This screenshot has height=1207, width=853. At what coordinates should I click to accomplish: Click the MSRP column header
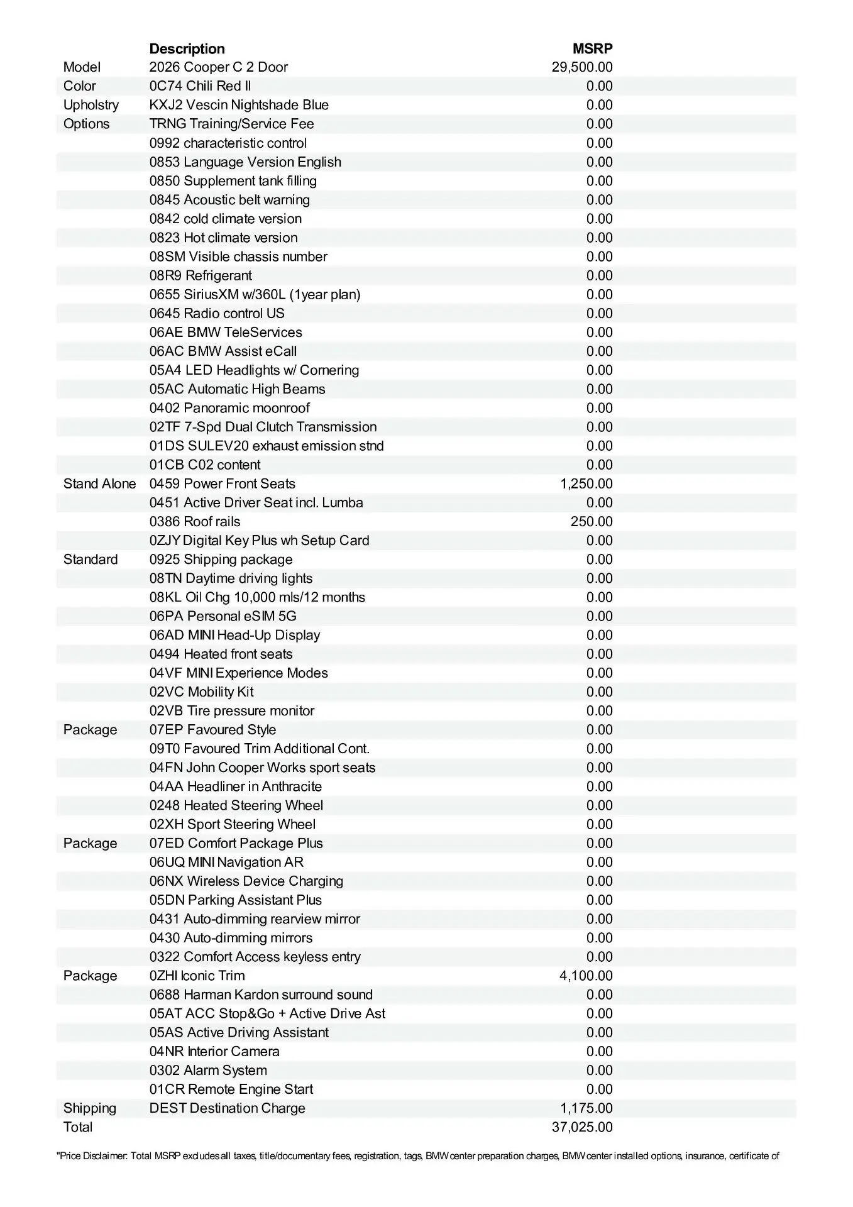tap(592, 48)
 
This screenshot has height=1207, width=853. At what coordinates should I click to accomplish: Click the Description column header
tap(187, 48)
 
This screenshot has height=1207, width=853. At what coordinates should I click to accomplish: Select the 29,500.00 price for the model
tap(582, 67)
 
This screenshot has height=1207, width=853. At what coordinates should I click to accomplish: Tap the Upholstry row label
tap(91, 105)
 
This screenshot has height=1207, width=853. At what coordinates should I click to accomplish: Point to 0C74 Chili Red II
tap(200, 86)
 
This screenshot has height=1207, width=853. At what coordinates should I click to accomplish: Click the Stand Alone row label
tap(99, 483)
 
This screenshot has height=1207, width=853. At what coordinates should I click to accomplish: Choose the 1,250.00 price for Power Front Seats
tap(586, 483)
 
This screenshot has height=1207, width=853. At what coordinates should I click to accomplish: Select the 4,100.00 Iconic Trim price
tap(586, 976)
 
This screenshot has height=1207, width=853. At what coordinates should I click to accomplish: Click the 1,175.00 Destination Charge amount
tap(586, 1108)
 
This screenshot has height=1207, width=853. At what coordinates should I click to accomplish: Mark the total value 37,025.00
tap(582, 1127)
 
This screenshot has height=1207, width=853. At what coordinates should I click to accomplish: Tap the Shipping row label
tap(90, 1108)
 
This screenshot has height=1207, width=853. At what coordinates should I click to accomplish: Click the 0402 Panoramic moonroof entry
tap(229, 408)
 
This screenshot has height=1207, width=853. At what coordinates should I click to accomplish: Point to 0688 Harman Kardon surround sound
tap(261, 995)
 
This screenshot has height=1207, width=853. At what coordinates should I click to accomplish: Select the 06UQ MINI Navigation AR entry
tap(226, 862)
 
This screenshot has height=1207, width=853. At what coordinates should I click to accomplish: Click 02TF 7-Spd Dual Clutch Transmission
tap(263, 427)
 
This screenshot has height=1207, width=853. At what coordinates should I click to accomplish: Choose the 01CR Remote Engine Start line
tap(231, 1089)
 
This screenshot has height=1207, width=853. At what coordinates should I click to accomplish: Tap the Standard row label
tap(91, 559)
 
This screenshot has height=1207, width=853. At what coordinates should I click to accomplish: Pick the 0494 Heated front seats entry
tap(221, 654)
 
